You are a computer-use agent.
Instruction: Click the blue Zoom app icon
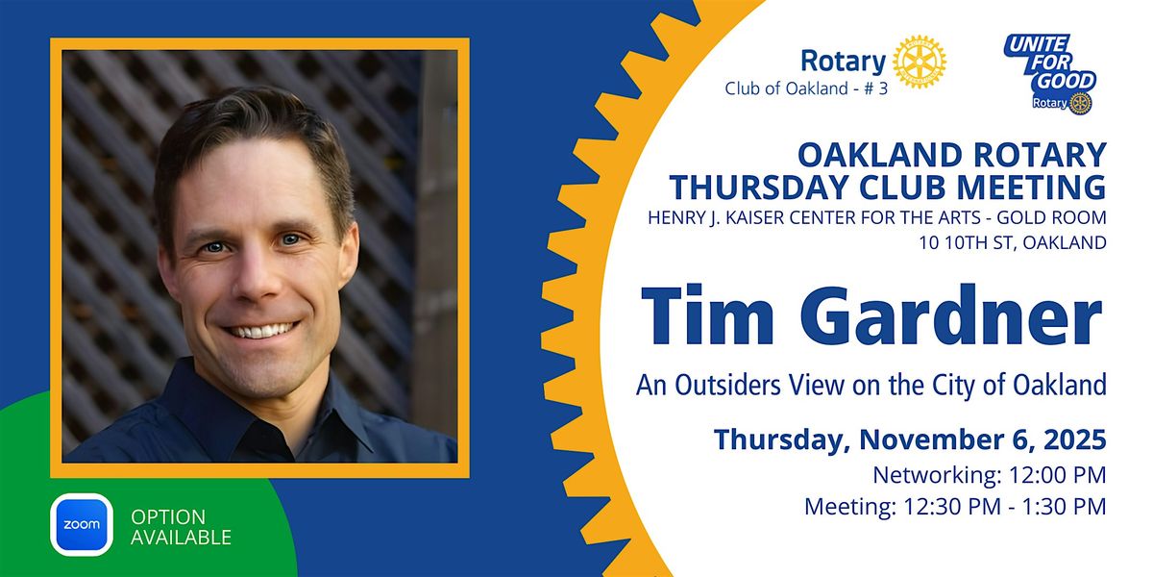[84, 525]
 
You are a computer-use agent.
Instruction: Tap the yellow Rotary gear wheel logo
[920, 63]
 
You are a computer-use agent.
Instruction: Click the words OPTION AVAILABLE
[181, 526]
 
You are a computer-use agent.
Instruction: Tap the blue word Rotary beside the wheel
[843, 63]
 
